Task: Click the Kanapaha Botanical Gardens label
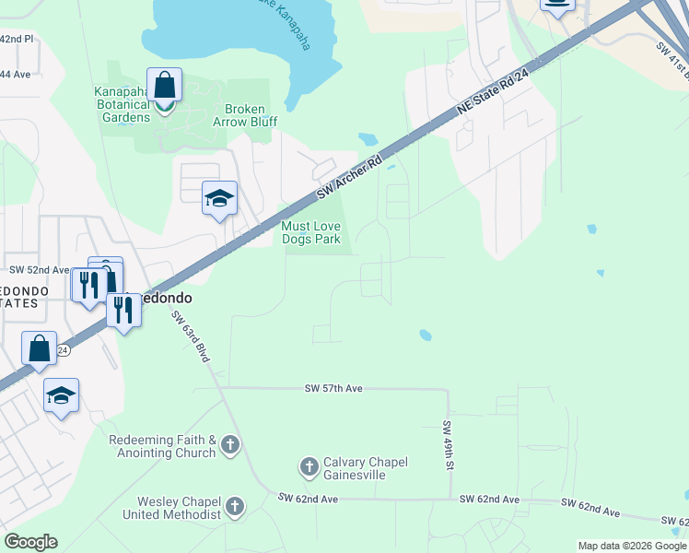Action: coord(122,104)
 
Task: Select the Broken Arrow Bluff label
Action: coord(238,114)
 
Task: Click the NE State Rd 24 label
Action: coord(495,96)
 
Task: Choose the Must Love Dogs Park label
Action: coord(317,232)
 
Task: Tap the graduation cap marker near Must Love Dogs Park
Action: coord(220,198)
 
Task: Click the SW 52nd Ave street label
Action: coord(40,270)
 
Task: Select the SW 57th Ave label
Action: coord(334,389)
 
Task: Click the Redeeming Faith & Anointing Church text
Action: coord(162,447)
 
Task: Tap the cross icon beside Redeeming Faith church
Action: coord(230,447)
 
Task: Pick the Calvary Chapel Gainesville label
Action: coord(365,468)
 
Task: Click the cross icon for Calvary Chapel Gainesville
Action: coord(309,468)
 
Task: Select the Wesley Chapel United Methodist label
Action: coord(179,508)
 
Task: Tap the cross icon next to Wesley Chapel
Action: coord(235,507)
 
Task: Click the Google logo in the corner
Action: coord(30,542)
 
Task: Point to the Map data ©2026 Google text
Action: coord(632,546)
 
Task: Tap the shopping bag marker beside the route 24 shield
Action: coord(39,350)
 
